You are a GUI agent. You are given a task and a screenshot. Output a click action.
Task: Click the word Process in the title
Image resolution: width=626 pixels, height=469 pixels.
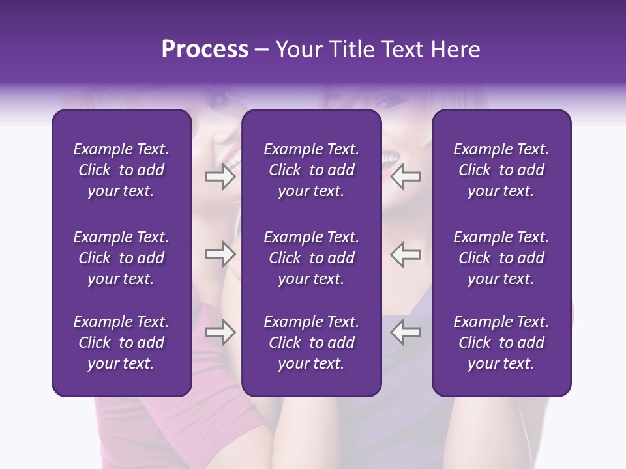coord(205,50)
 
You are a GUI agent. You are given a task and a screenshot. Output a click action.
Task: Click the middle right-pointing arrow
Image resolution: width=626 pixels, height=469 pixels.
coord(220,254)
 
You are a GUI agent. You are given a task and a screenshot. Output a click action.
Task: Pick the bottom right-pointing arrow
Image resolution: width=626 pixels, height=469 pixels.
coord(220,332)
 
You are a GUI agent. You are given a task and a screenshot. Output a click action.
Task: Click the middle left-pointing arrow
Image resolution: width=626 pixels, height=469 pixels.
coord(405,254)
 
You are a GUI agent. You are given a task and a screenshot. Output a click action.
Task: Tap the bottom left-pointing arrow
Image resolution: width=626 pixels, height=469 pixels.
coord(405,332)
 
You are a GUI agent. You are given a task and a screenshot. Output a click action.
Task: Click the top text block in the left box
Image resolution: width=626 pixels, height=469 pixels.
coord(121,170)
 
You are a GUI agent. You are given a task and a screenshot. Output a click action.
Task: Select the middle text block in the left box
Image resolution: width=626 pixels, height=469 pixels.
coord(121,258)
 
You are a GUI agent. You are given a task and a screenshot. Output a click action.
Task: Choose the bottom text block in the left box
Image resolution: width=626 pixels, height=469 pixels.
coord(121,343)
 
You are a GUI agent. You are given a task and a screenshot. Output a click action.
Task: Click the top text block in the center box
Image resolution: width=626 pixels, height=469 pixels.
coord(312,170)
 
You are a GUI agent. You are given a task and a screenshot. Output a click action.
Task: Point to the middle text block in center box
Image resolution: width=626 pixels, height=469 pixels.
coord(312,258)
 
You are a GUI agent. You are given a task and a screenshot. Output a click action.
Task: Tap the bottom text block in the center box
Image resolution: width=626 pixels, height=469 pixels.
coord(312,343)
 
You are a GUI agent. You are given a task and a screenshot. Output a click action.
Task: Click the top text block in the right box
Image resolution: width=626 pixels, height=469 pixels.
coord(501,170)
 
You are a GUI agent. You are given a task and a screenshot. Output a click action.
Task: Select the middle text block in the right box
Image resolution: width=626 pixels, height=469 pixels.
coord(501,258)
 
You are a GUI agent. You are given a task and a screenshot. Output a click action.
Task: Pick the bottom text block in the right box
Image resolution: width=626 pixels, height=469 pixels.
coord(501,343)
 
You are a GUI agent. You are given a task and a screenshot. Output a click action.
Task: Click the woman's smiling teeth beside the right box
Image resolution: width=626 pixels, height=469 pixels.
coord(390,159)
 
